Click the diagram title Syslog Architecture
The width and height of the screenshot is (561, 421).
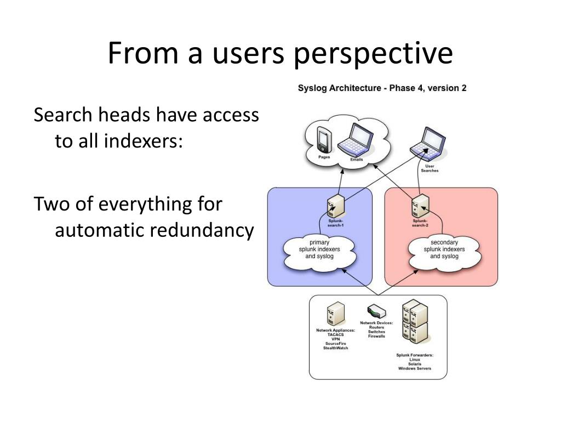341,88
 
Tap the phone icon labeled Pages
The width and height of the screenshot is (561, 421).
324,140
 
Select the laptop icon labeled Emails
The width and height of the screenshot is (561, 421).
356,139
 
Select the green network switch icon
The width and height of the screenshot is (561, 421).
376,312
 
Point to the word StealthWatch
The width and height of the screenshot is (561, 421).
336,348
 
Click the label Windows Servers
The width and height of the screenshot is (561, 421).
415,369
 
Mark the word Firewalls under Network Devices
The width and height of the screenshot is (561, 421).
376,336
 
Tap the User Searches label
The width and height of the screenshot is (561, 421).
430,168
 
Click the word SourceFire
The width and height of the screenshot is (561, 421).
336,343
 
